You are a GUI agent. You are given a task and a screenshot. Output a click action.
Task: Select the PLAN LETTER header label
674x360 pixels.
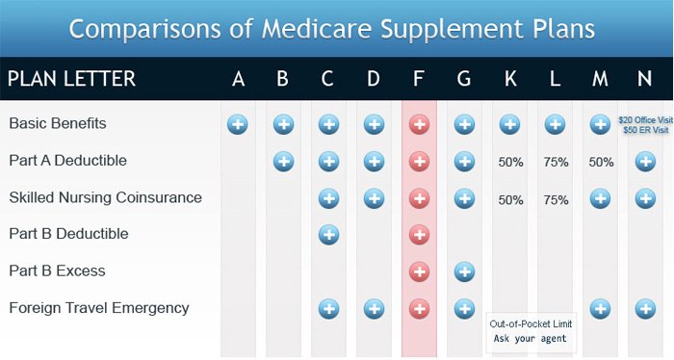click(x=71, y=79)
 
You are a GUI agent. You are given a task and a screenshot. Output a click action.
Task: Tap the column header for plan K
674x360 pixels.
click(x=509, y=79)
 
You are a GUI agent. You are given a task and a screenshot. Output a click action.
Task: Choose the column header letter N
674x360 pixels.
click(x=645, y=79)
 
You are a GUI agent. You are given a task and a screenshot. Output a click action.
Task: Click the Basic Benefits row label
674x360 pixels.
click(x=58, y=123)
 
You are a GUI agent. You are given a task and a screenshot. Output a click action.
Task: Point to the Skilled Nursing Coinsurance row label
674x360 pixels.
click(x=106, y=197)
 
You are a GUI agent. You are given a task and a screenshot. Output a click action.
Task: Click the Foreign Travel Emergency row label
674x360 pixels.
click(x=99, y=308)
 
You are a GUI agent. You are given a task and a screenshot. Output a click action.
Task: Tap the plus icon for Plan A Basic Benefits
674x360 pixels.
click(x=238, y=124)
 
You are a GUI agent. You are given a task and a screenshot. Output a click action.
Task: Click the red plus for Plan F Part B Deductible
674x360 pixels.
click(x=419, y=235)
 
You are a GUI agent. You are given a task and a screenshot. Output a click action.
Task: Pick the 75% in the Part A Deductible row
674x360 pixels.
click(x=556, y=162)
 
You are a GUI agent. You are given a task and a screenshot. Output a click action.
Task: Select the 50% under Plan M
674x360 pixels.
click(x=601, y=162)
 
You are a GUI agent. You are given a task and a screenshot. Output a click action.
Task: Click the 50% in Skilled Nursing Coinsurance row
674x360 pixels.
click(x=510, y=199)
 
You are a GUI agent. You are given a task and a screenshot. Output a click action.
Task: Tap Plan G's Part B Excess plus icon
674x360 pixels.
click(x=464, y=271)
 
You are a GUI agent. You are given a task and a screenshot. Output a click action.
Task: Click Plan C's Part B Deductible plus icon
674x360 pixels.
click(x=328, y=235)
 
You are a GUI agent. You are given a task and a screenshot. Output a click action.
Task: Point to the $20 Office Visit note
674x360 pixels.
click(x=644, y=120)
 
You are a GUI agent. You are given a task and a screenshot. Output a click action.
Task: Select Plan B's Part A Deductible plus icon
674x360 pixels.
click(x=283, y=161)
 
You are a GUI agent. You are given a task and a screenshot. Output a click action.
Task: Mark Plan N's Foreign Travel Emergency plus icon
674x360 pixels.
click(x=645, y=309)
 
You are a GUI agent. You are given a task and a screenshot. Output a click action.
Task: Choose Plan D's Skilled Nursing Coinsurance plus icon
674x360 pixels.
click(x=374, y=198)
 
